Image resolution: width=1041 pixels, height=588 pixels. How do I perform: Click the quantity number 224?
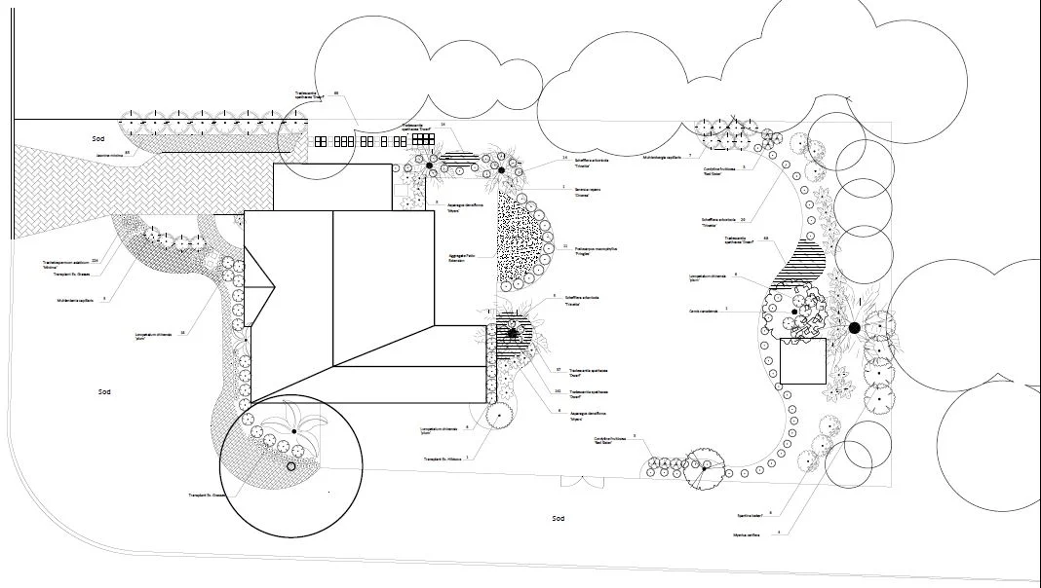coord(95,261)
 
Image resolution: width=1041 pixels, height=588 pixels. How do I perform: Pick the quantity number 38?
coord(183,332)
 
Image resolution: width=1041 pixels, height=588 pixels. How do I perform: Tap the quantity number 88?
coord(336,93)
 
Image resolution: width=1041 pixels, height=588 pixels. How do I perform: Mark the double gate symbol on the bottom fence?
coord(573,480)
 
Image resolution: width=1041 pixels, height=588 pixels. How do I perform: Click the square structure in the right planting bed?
coord(803,360)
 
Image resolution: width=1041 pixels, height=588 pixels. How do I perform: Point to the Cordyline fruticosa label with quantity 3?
coord(609,440)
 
